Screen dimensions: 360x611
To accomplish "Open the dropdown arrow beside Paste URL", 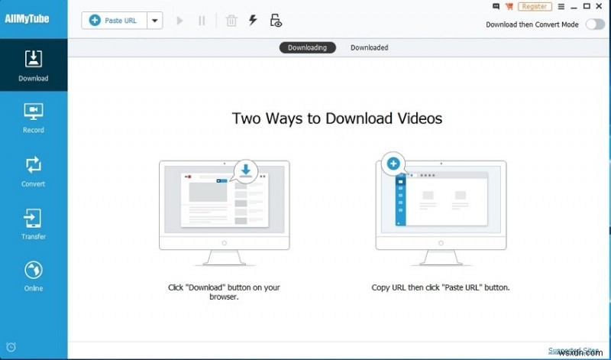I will [x=155, y=21].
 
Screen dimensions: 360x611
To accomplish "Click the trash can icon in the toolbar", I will [x=231, y=21].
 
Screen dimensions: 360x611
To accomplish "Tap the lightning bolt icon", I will [x=253, y=21].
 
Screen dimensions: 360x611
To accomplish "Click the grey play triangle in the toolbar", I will [x=180, y=21].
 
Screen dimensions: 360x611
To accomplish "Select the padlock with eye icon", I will [x=276, y=21].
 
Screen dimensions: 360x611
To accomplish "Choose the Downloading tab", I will [x=307, y=47].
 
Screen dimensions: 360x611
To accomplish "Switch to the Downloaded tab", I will [x=369, y=47].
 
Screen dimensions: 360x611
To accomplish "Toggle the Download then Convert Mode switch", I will [x=594, y=24].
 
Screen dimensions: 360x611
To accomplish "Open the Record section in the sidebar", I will [x=34, y=118].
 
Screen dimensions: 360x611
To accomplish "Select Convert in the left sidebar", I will [x=34, y=170].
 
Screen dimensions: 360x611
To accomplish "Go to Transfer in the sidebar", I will [x=34, y=224].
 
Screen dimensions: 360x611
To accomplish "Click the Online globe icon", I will [x=34, y=271].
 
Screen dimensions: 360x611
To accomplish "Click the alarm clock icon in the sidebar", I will [x=11, y=346].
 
